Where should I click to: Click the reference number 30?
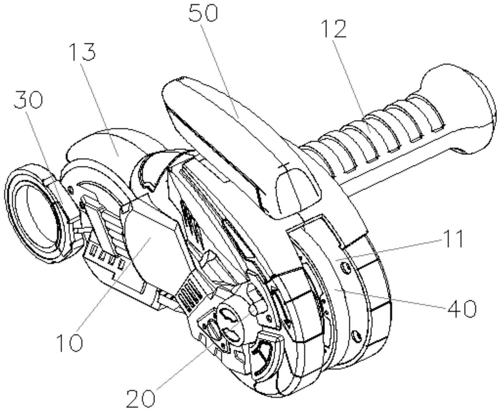click(28, 100)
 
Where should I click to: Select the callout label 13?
click(82, 52)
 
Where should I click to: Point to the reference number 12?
click(334, 29)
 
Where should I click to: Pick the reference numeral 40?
click(462, 309)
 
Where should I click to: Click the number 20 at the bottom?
click(141, 398)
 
